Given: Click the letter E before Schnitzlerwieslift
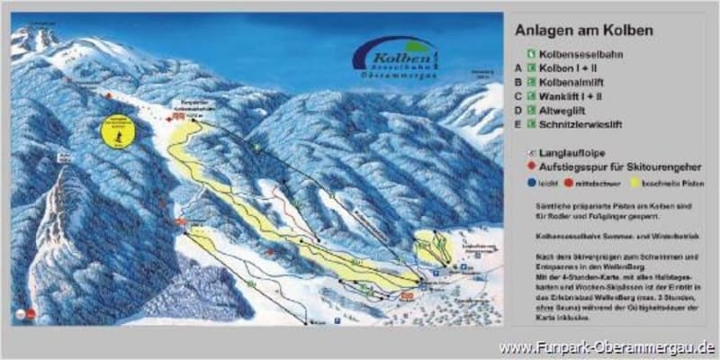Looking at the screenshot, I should point(517,124).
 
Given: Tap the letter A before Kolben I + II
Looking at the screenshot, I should point(517,67).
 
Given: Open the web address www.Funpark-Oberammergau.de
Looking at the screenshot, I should point(607,347).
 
